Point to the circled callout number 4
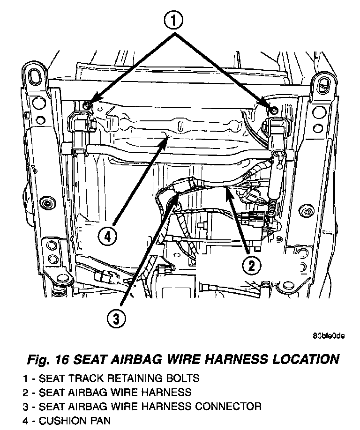pyautogui.click(x=107, y=237)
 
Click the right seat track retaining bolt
pyautogui.click(x=274, y=110)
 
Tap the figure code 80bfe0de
pyautogui.click(x=328, y=335)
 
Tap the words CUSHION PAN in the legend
pyautogui.click(x=75, y=420)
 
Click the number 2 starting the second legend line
pyautogui.click(x=24, y=392)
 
